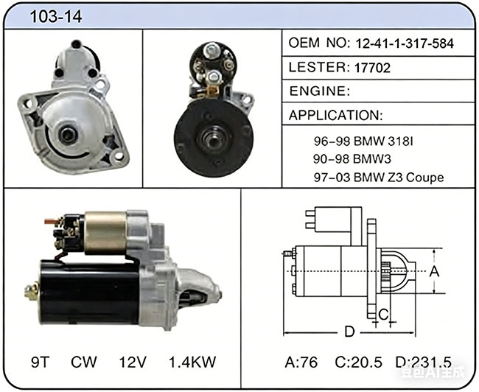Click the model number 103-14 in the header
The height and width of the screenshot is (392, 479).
(56, 16)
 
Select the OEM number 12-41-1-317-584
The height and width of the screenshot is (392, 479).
(405, 43)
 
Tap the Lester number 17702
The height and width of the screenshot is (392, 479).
(372, 68)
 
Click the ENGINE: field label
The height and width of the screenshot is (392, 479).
(320, 91)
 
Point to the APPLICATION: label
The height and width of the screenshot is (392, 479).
(335, 115)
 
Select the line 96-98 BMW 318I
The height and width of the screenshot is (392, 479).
(363, 141)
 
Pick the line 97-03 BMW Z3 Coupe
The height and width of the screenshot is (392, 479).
(379, 178)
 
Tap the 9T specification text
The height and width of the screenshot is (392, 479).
(40, 362)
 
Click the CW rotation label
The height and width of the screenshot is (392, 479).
(84, 362)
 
